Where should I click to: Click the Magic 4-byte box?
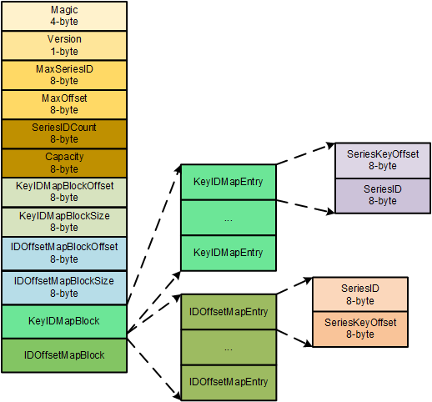[64, 16]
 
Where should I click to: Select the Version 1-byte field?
[64, 45]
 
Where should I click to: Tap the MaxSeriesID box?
[64, 75]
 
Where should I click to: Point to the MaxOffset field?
[64, 104]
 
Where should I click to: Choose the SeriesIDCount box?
[64, 133]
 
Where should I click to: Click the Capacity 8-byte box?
[64, 163]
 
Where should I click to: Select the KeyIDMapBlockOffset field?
[64, 192]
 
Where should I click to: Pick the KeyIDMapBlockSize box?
[64, 222]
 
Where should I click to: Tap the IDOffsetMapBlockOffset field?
[64, 252]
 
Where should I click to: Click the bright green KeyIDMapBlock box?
[64, 321]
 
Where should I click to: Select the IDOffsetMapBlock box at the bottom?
[64, 354]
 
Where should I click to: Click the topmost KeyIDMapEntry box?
[228, 181]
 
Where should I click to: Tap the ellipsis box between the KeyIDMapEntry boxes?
[228, 217]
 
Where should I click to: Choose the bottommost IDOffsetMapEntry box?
[228, 381]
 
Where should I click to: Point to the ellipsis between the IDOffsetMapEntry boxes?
[228, 346]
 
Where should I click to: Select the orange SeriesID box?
[359, 294]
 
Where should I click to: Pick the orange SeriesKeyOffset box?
[359, 329]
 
